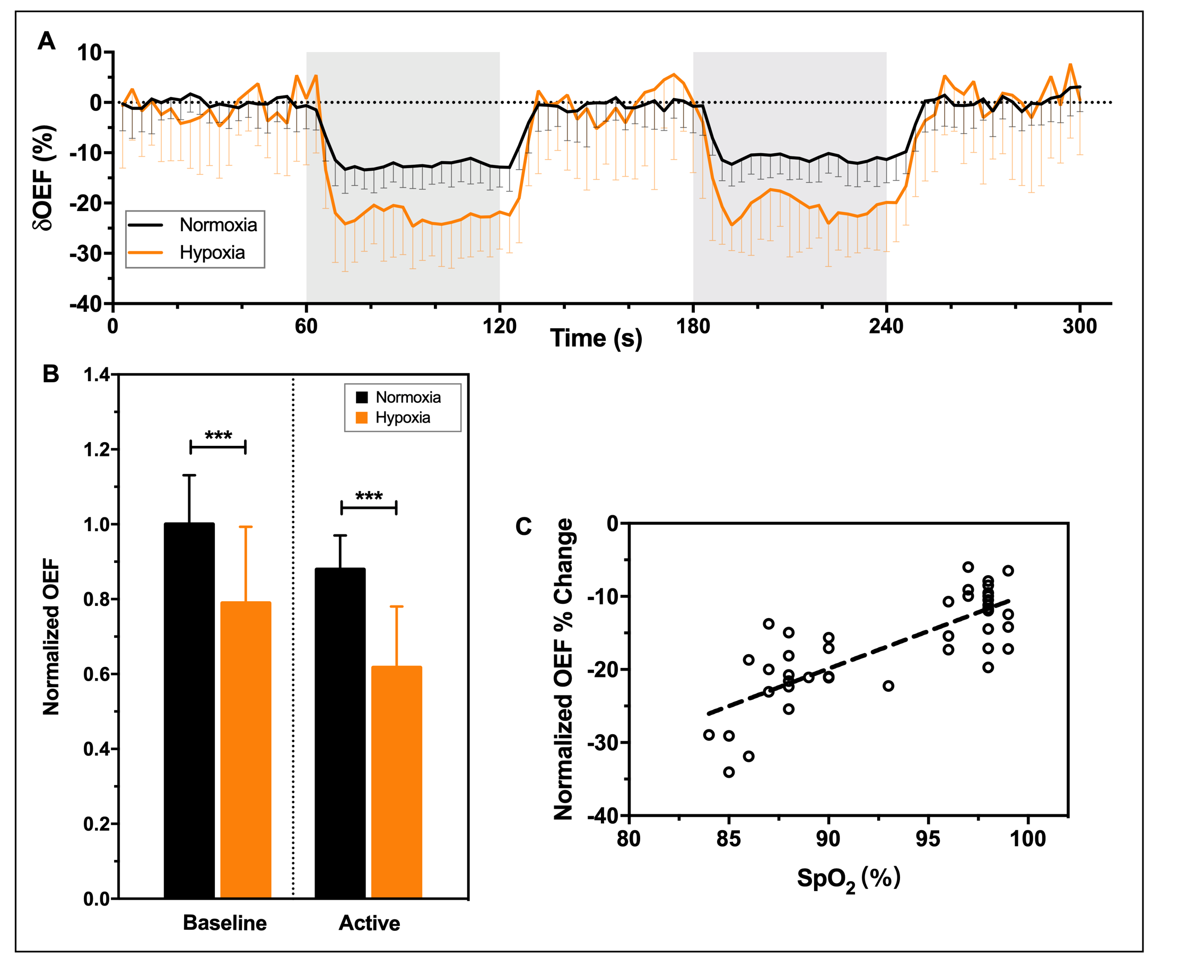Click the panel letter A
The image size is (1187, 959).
pyautogui.click(x=47, y=41)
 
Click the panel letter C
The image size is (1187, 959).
pyautogui.click(x=523, y=526)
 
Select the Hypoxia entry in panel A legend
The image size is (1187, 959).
pyautogui.click(x=212, y=252)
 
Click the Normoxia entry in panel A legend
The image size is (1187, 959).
pyautogui.click(x=219, y=225)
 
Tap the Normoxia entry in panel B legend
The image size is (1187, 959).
pyautogui.click(x=408, y=397)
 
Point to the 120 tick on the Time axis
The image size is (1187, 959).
pyautogui.click(x=500, y=327)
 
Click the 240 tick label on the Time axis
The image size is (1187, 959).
pyautogui.click(x=886, y=327)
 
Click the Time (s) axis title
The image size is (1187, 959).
pyautogui.click(x=596, y=338)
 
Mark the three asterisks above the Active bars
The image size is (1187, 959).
pyautogui.click(x=369, y=496)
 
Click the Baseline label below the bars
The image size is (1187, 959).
pyautogui.click(x=225, y=923)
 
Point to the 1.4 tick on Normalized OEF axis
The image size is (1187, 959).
pyautogui.click(x=97, y=375)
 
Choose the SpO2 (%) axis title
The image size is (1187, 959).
pyautogui.click(x=848, y=878)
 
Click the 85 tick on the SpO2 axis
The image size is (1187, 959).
pyautogui.click(x=728, y=839)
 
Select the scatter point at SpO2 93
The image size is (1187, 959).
pyautogui.click(x=888, y=685)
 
